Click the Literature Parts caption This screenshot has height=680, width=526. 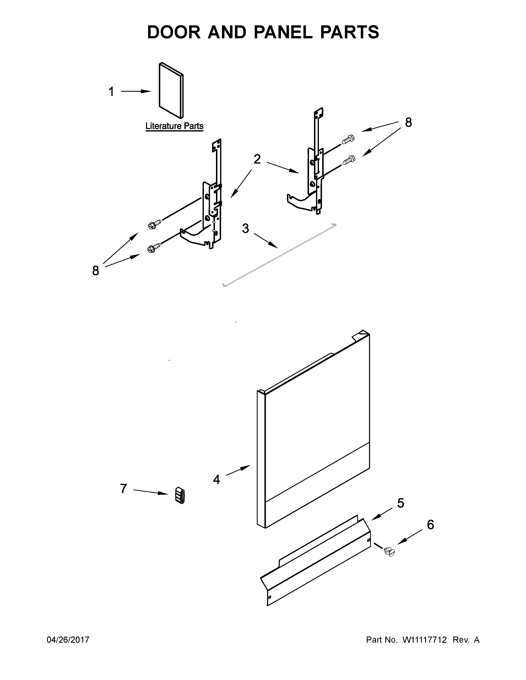tap(175, 126)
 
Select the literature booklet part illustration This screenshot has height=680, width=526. tap(171, 90)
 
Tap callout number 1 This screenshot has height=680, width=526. tap(111, 92)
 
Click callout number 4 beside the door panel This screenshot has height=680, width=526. tap(216, 480)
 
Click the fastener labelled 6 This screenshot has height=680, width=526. tap(389, 552)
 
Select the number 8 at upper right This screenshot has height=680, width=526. tap(408, 122)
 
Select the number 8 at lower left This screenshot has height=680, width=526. tap(96, 271)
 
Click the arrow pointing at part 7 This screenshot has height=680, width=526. tap(151, 492)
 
